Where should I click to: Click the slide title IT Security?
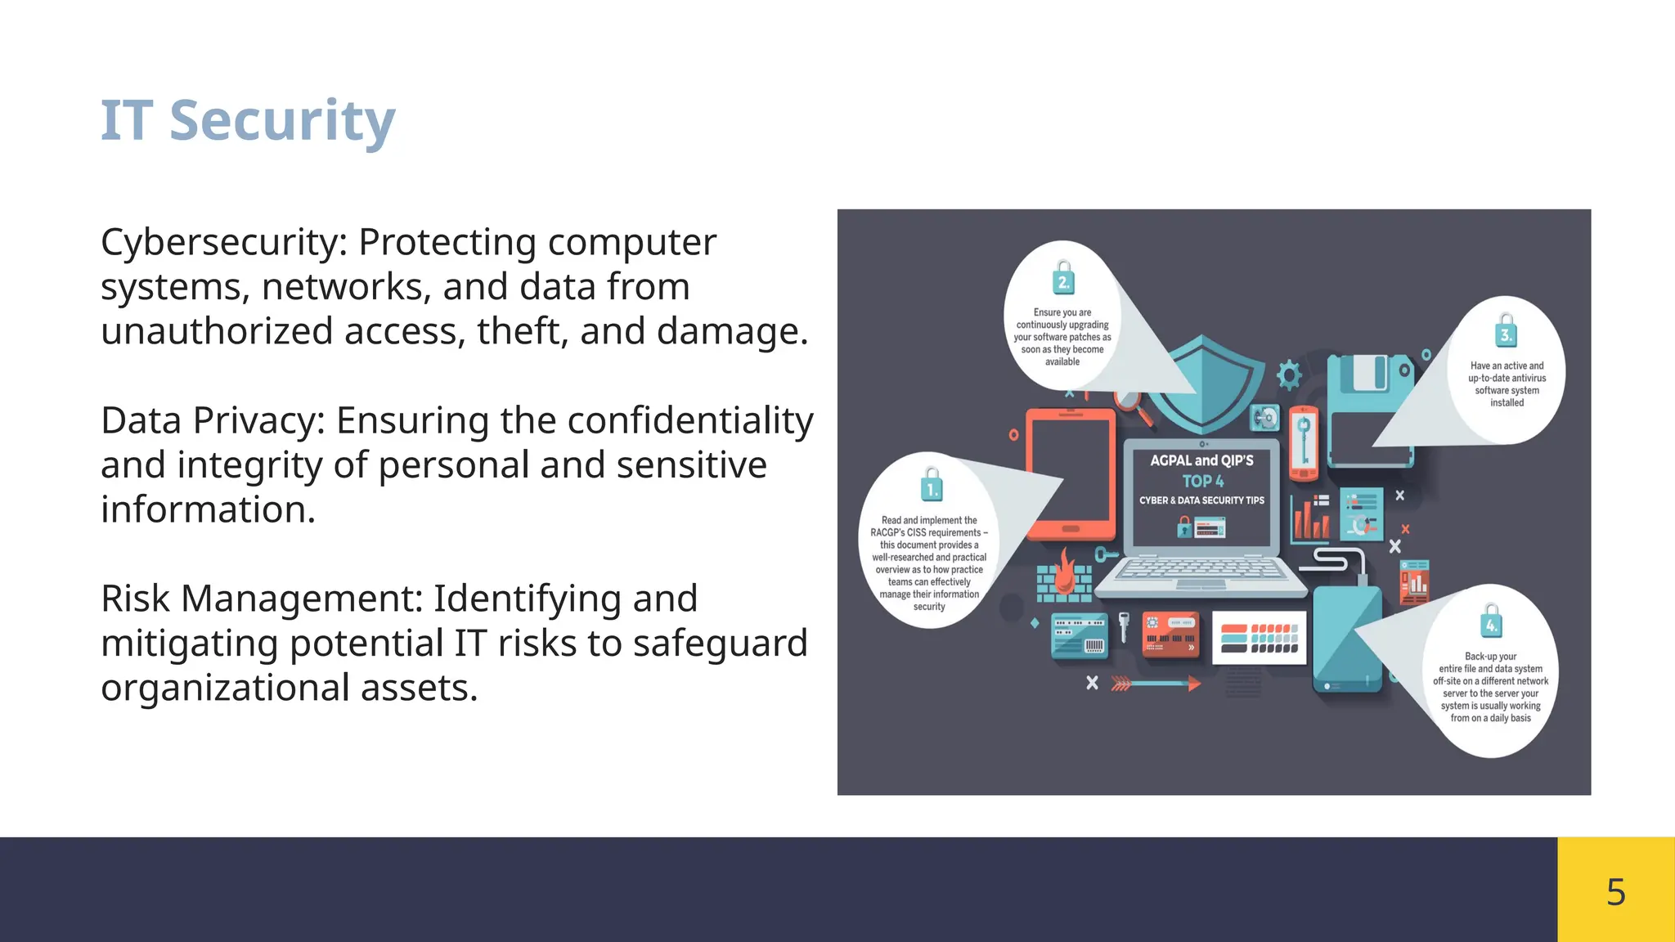(248, 121)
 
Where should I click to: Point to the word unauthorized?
(217, 331)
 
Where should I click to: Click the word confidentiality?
(690, 420)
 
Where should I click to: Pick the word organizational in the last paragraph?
(225, 688)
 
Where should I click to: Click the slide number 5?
(1615, 891)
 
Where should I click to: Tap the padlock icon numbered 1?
(931, 485)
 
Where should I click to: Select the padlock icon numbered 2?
(1063, 278)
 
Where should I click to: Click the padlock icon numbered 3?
(1507, 331)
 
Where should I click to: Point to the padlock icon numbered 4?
(1492, 621)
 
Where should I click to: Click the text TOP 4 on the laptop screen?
(1202, 482)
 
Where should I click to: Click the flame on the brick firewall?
(1064, 571)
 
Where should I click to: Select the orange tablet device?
(1071, 474)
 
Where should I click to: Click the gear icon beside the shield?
(1289, 375)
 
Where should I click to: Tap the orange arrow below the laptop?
(1156, 684)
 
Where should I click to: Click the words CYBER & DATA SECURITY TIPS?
(1201, 500)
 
